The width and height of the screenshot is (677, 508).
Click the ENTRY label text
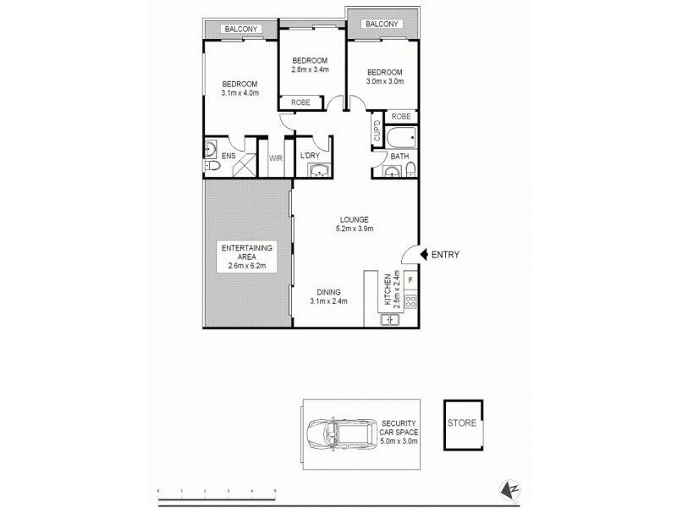445,254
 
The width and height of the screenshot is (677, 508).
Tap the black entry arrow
425,254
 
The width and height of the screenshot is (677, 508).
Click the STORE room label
462,422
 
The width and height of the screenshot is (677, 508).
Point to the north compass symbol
510,489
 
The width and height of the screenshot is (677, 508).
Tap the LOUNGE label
355,220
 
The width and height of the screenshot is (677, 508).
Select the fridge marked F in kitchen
410,279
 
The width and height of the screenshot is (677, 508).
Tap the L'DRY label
309,156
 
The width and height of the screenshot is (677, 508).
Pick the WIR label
275,157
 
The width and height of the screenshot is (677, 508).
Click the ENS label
228,156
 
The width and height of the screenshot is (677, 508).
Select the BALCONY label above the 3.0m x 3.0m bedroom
382,24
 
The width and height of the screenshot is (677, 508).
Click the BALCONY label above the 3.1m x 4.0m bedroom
240,30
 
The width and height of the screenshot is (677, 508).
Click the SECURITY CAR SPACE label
400,430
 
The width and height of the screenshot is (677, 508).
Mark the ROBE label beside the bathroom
400,116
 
